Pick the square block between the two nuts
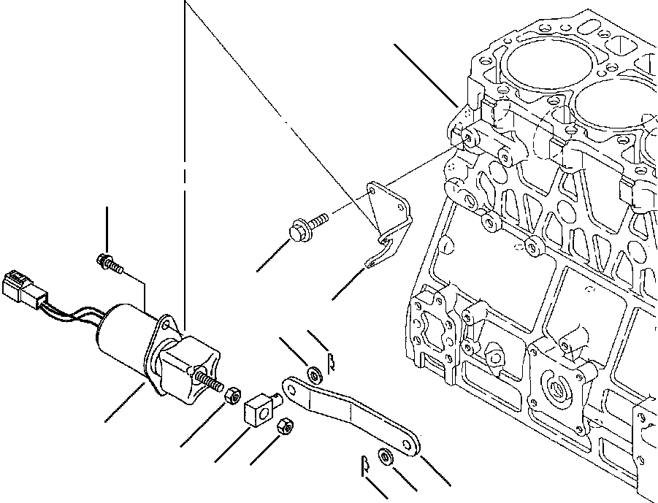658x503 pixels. click(x=259, y=409)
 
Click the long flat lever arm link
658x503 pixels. click(x=351, y=416)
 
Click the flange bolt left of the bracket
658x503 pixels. click(x=307, y=223)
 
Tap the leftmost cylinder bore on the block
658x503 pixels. click(x=532, y=73)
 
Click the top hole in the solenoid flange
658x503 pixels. click(x=167, y=320)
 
